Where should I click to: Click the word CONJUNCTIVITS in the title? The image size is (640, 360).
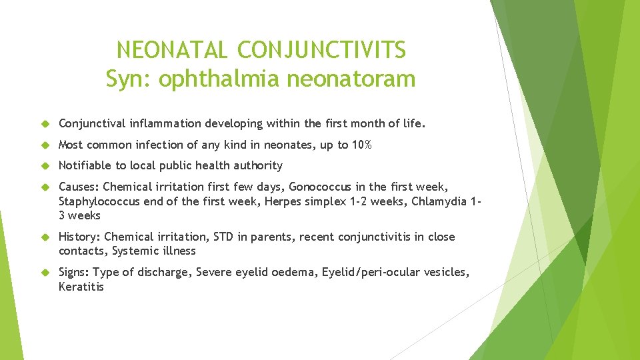[321, 50]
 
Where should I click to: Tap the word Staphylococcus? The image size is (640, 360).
[97, 201]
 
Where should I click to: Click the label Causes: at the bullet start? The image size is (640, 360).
[79, 187]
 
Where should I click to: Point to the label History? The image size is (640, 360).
[80, 237]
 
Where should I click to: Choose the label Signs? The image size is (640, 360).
[75, 272]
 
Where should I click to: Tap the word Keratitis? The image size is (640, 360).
[81, 287]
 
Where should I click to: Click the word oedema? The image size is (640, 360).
[295, 272]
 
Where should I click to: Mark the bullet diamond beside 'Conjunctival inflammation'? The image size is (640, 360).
[46, 124]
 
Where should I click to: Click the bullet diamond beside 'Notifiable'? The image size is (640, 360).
[46, 165]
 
